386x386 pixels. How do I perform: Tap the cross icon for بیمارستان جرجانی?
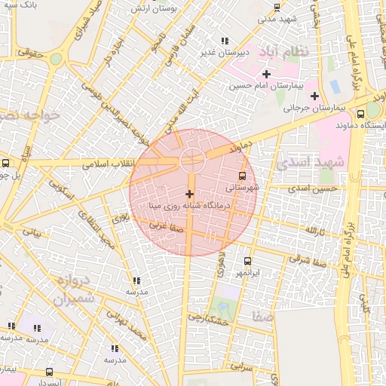[x=314, y=96]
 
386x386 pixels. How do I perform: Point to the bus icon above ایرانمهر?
[x=247, y=260]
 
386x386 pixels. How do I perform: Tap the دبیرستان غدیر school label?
[x=224, y=53]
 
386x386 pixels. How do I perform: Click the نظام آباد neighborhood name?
[x=283, y=52]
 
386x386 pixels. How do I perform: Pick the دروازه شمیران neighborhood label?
[x=75, y=290]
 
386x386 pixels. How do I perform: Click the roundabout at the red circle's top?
[x=191, y=160]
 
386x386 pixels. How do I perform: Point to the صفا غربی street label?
[x=164, y=225]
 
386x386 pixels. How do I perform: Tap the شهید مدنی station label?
[x=277, y=18]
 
